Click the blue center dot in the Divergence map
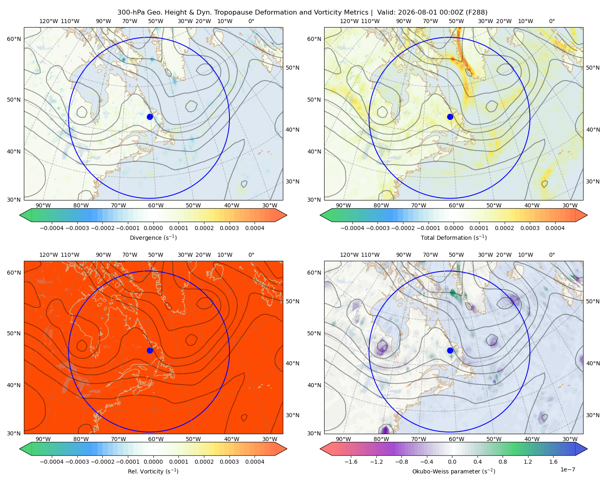point(150,117)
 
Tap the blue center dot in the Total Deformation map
point(450,117)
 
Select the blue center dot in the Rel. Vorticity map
point(150,350)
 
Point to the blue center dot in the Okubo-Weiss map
point(450,350)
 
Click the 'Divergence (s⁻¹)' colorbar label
point(153,237)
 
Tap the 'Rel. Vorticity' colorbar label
point(144,471)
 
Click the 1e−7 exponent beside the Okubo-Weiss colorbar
point(567,469)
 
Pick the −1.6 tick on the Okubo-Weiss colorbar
point(351,462)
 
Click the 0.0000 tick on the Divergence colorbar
point(153,228)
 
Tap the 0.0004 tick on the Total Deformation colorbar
point(555,228)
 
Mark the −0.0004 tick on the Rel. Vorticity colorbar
point(52,462)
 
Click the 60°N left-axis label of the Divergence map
point(14,39)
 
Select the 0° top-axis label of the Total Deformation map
point(552,21)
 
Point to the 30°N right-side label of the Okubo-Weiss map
point(593,415)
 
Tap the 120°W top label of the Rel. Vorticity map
point(49,255)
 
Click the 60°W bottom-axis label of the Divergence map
point(156,205)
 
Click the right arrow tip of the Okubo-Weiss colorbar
point(587,449)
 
